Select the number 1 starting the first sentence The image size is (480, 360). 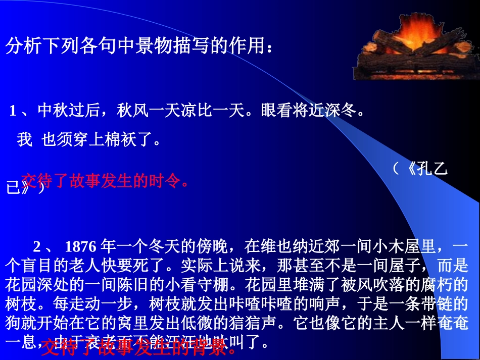coord(13,112)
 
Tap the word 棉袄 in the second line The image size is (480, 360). coord(121,139)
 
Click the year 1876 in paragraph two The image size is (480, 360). coord(81,247)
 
